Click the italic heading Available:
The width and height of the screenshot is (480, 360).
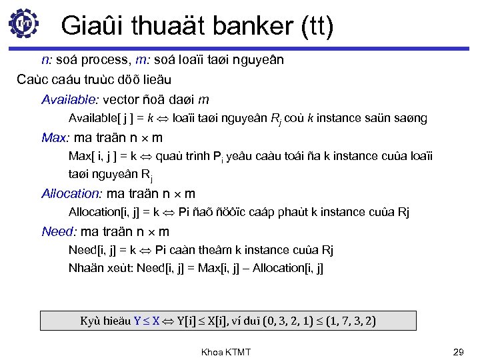69,100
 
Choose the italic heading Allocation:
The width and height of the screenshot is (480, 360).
71,194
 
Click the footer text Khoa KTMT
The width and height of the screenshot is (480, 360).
226,351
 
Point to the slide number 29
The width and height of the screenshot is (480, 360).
457,351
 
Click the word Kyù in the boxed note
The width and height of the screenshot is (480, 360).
89,321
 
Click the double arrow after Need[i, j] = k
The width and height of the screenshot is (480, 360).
145,251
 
